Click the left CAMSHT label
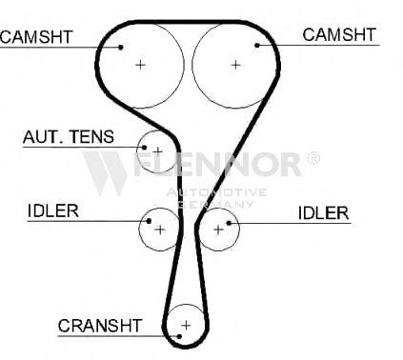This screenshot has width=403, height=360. [x=36, y=37]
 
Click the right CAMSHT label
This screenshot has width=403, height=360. [x=339, y=34]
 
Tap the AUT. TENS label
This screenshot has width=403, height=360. [x=69, y=136]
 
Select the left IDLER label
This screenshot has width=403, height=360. [x=53, y=210]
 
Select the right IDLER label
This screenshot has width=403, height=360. [x=323, y=213]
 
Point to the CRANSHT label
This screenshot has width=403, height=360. [x=99, y=326]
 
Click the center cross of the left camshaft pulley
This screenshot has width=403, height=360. [x=140, y=65]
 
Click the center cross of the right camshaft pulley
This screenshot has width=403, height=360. [x=235, y=65]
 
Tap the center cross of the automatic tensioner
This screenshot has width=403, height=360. [x=157, y=151]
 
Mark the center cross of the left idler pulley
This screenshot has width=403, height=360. [x=160, y=230]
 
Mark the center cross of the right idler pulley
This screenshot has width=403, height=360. [x=218, y=230]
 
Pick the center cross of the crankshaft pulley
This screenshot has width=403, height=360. [x=186, y=326]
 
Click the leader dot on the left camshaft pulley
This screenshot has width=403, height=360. [x=121, y=48]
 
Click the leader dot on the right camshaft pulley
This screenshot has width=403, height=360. [x=257, y=46]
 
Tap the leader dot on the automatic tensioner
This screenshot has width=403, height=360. [x=144, y=148]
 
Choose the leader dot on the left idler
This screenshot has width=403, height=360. [x=149, y=221]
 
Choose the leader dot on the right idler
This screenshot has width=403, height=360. [x=229, y=223]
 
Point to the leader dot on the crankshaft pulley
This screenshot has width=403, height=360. [x=179, y=336]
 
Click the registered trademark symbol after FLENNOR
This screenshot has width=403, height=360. [x=313, y=158]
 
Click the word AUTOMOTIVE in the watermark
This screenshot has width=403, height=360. [x=216, y=192]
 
